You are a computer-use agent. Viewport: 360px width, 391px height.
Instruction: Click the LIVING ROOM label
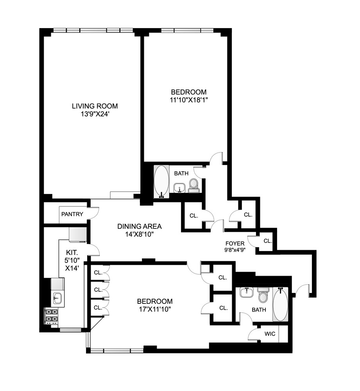coord(95,106)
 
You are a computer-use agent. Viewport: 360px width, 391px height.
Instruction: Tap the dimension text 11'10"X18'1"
coord(188,100)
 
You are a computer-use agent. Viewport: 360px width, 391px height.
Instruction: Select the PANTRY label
coord(72,214)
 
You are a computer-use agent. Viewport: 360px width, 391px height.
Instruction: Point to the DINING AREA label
coord(140,226)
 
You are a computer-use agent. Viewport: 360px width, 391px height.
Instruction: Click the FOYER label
coord(235,243)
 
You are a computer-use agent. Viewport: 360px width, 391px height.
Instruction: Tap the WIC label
coord(270,334)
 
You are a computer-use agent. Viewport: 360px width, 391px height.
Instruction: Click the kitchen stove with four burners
coord(52,316)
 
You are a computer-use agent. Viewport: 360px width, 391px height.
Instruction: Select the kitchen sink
coord(57,298)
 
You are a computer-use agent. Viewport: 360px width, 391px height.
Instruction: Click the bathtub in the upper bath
coord(161,182)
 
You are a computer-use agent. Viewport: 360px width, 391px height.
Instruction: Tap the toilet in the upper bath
coord(194,185)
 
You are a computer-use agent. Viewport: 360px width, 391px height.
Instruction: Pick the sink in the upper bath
coord(180,188)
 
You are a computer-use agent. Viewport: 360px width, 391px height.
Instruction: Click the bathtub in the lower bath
coord(280,305)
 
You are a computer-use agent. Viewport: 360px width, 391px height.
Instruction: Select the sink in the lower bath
coord(246,292)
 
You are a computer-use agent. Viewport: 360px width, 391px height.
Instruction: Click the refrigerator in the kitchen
coord(77,235)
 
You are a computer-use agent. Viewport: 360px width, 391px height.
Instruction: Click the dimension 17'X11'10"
coord(154,309)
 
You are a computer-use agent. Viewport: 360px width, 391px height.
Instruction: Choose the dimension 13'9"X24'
coord(95,114)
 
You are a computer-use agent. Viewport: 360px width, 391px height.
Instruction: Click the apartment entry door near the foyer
coord(302,290)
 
